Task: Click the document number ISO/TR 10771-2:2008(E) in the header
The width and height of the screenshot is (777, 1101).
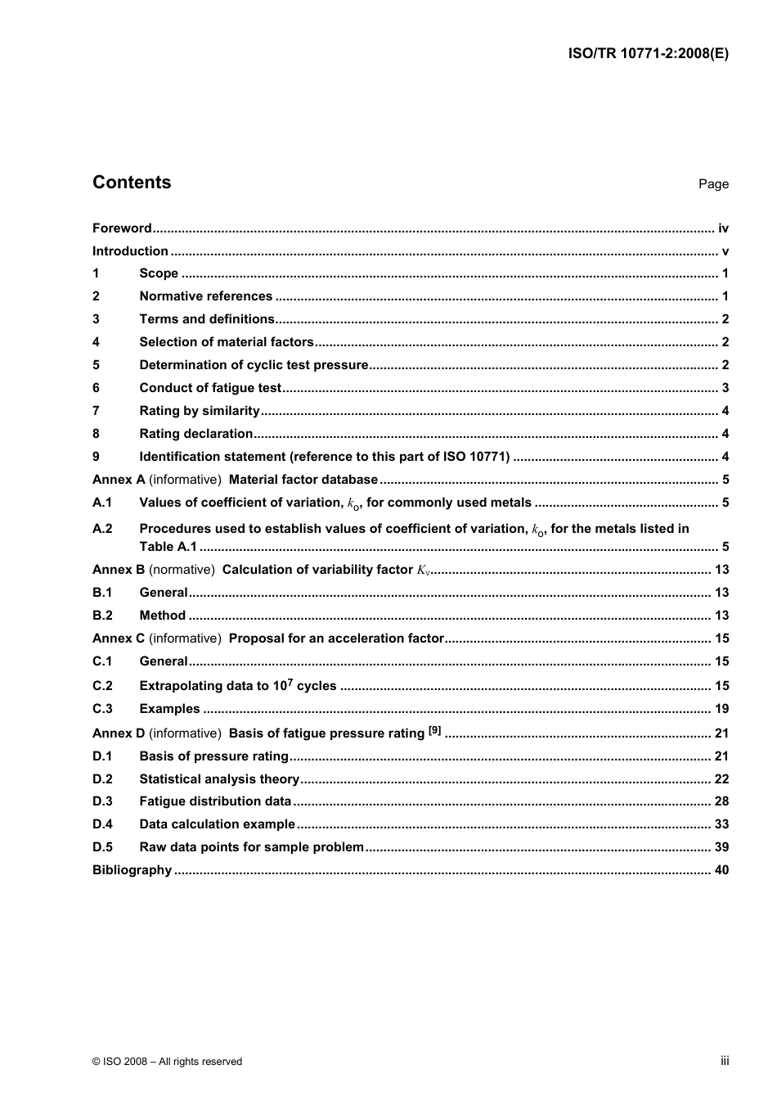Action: (648, 54)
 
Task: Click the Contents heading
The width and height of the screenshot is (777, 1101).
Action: (132, 183)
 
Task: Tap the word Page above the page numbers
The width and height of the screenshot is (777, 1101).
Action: (713, 184)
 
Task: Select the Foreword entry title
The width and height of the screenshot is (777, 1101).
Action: (122, 228)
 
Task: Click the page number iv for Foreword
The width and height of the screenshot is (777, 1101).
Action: (723, 228)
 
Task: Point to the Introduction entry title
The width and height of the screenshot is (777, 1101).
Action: (130, 251)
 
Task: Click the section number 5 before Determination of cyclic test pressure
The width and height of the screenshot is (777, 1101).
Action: (97, 365)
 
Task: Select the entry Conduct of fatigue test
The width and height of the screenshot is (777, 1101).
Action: (210, 388)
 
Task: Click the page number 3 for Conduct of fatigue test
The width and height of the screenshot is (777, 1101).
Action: (725, 388)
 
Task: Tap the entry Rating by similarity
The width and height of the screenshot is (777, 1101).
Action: (200, 411)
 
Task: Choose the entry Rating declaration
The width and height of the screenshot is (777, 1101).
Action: (196, 434)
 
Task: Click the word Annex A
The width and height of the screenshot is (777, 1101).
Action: (119, 480)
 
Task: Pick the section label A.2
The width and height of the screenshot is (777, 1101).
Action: (102, 529)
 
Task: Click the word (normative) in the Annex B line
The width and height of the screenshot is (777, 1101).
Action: (182, 570)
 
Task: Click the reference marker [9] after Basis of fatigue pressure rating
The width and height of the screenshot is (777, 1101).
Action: (434, 730)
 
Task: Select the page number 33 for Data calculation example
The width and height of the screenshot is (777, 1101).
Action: (721, 824)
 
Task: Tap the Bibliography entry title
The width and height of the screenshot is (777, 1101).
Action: (132, 870)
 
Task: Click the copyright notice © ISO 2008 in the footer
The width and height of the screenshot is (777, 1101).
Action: (167, 1062)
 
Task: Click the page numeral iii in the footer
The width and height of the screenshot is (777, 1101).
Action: (725, 1061)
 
